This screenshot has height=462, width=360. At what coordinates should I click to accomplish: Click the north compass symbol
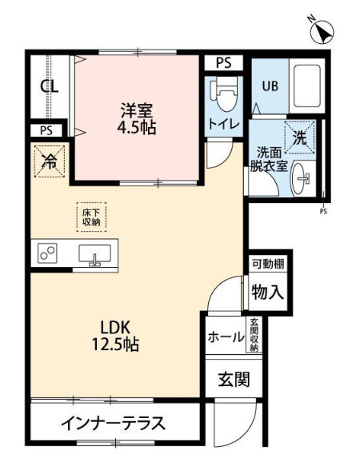pyautogui.click(x=322, y=32)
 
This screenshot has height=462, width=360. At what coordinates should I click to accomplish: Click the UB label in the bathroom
pyautogui.click(x=268, y=86)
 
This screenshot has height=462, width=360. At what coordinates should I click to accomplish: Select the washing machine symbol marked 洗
pyautogui.click(x=299, y=137)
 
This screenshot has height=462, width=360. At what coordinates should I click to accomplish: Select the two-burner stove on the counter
pyautogui.click(x=46, y=255)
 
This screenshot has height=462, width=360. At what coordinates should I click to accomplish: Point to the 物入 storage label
pyautogui.click(x=267, y=292)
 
